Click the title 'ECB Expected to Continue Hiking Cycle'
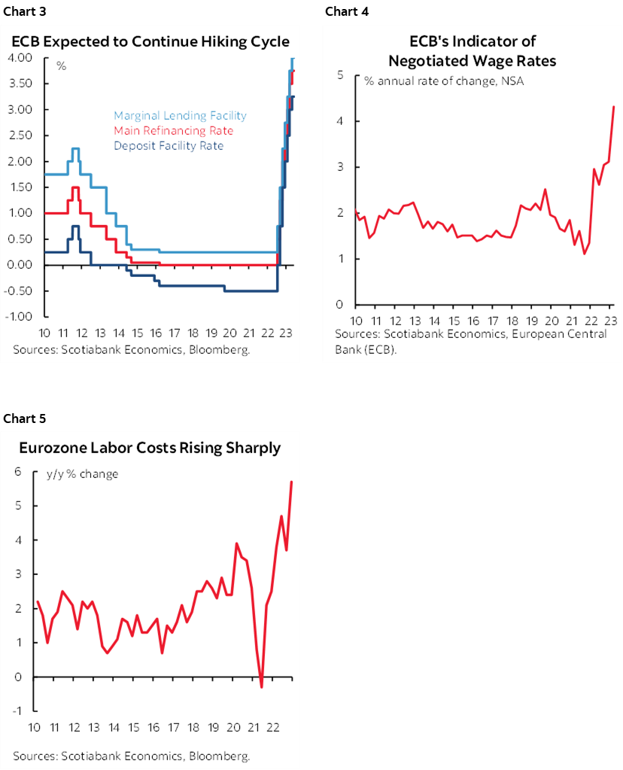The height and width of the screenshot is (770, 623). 150,41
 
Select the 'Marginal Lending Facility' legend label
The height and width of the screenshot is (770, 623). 180,116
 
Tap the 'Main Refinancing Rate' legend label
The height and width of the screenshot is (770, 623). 173,131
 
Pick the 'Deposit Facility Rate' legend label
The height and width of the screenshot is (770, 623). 169,145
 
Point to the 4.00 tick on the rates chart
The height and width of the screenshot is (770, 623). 20,58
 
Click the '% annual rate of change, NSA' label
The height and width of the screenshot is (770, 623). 444,81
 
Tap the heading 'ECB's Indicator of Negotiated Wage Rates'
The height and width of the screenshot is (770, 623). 472,50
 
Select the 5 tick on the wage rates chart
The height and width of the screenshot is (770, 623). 340,75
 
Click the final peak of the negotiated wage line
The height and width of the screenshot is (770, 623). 614,106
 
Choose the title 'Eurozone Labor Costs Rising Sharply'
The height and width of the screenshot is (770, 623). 150,448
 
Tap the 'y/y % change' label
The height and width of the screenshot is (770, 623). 82,474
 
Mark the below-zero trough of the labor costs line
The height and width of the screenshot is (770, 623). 261,686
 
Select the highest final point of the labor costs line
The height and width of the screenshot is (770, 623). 291,482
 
